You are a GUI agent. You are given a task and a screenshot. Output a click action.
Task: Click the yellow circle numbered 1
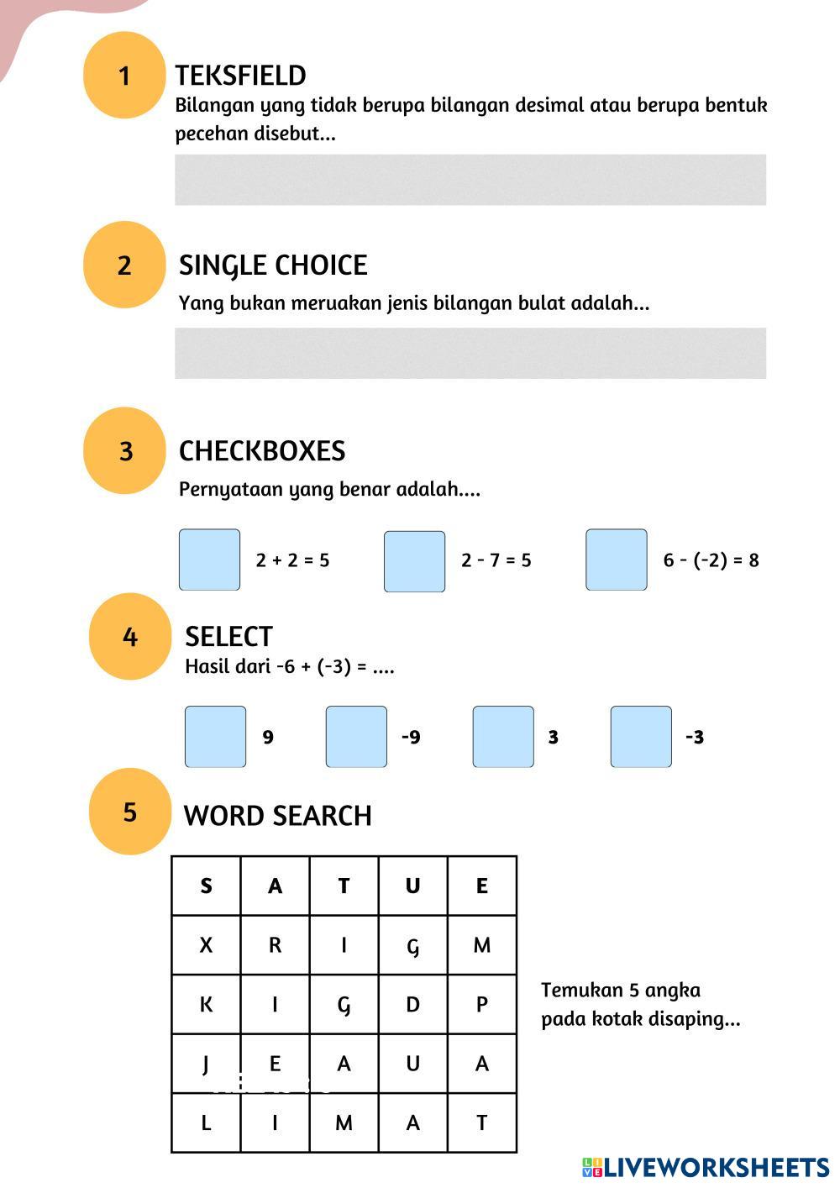coord(124,76)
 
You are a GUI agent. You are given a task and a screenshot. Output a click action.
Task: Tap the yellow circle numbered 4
coord(129,637)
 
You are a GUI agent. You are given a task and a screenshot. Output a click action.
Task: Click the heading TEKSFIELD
coord(240,76)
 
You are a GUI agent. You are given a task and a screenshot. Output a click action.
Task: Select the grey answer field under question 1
coord(470,180)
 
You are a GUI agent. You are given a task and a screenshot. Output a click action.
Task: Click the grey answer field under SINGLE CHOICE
coord(470,353)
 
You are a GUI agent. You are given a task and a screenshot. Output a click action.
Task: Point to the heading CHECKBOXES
coord(262,451)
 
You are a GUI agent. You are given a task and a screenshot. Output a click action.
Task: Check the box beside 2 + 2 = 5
coord(209,560)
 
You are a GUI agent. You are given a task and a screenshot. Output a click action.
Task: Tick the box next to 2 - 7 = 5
coord(414,561)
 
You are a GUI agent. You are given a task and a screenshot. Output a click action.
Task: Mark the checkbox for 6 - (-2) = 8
coord(617,560)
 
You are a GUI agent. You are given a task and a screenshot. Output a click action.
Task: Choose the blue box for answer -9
coord(356,737)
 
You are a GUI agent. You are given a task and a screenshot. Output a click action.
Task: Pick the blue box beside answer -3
coord(641,737)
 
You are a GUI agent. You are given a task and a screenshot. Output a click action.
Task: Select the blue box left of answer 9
coord(215,737)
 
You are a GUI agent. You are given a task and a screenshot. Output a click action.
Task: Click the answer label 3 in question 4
coord(553,738)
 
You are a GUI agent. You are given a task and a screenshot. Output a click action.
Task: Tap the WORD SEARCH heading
coord(277,816)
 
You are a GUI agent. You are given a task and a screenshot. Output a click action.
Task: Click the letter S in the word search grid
coord(206,886)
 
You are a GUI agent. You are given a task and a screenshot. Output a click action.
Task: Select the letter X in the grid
coord(206,945)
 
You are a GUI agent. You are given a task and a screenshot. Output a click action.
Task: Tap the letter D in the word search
coord(412,1005)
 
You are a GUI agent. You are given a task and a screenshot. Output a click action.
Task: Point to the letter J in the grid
coord(206,1064)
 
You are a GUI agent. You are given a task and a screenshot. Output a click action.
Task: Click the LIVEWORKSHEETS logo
coord(706,1167)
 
